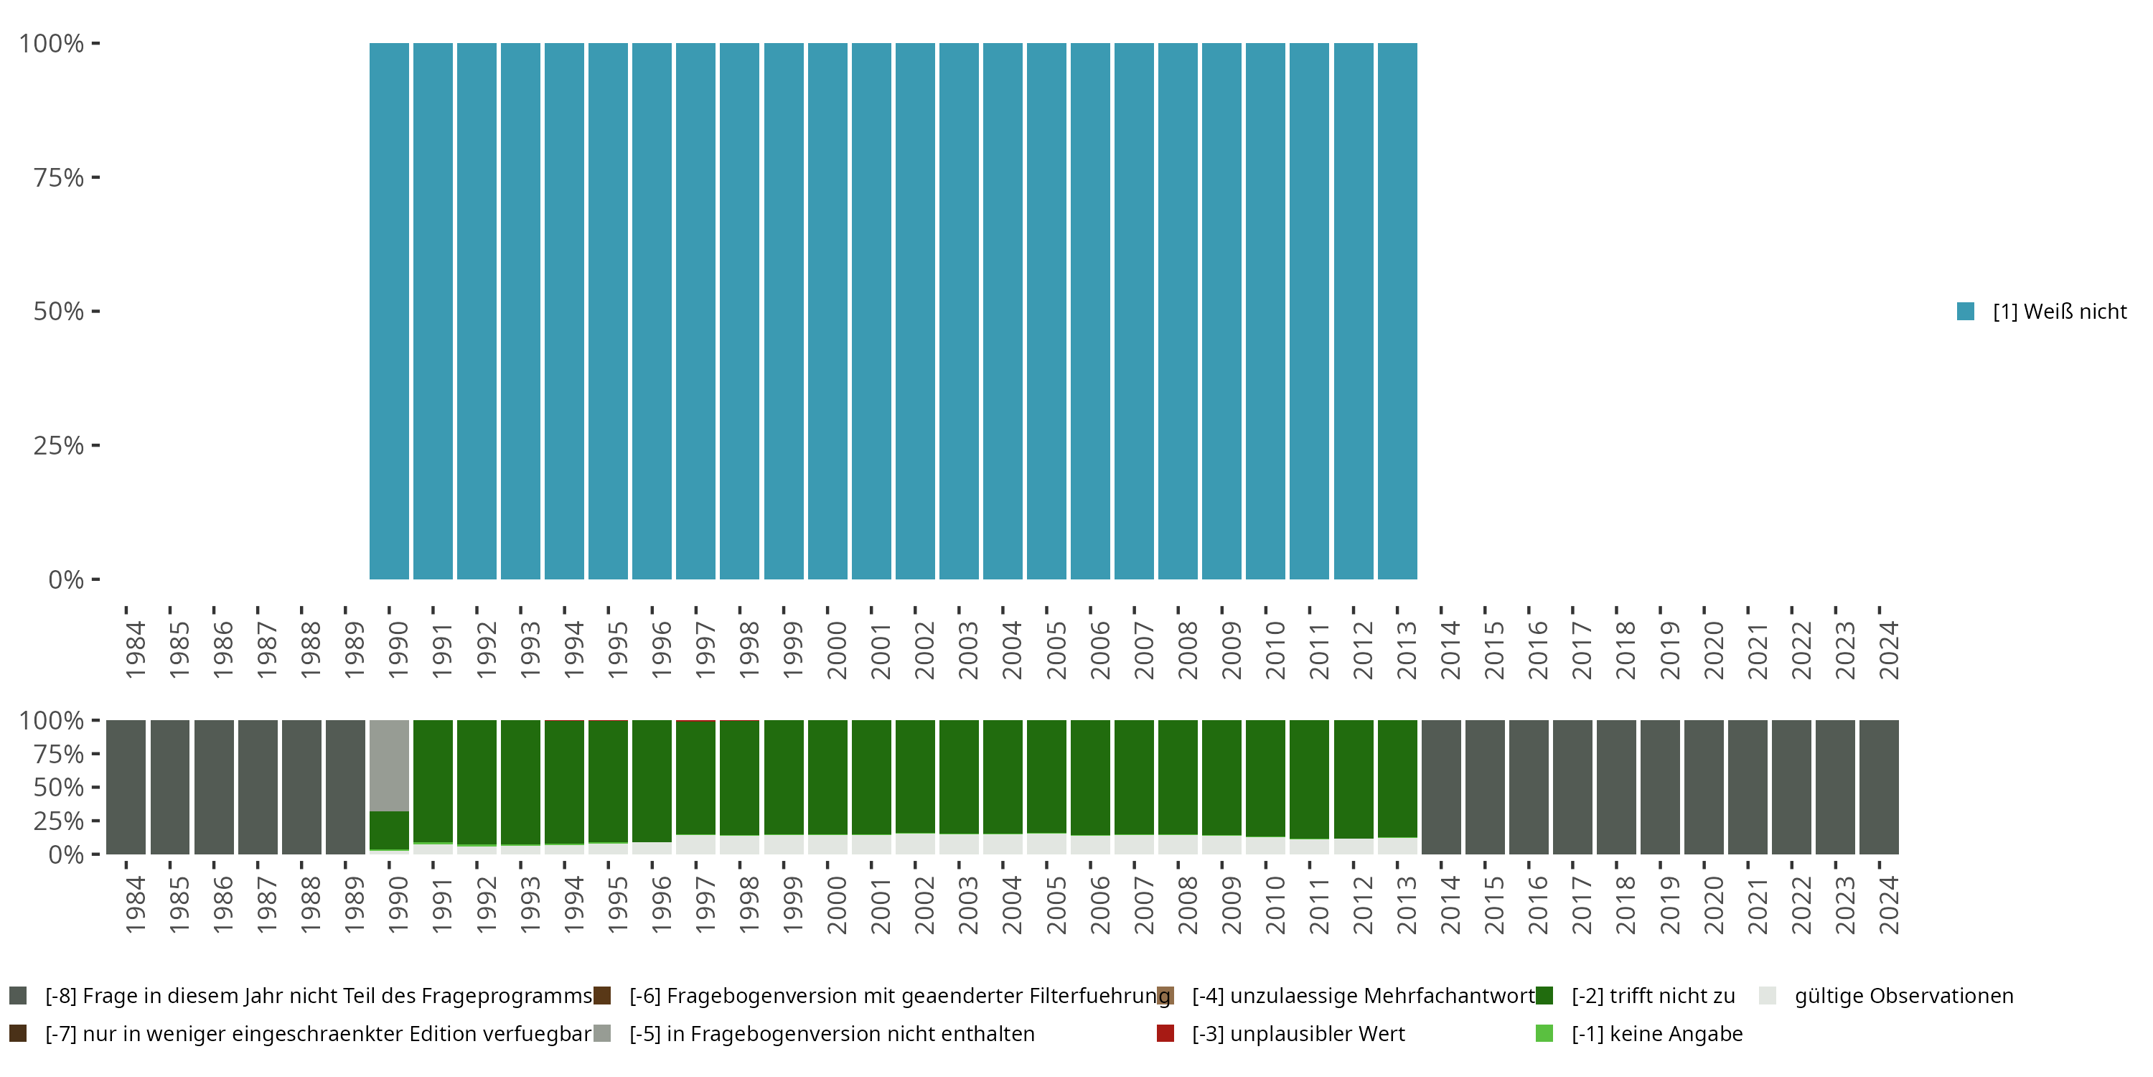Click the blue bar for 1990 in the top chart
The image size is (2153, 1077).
(x=389, y=311)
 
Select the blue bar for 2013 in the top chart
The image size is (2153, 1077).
(x=1397, y=311)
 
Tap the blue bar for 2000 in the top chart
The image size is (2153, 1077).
(x=827, y=311)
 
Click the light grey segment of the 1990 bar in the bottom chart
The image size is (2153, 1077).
(x=389, y=765)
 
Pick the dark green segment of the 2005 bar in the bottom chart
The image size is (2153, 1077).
(x=1046, y=776)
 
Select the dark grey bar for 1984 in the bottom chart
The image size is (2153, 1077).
(x=126, y=787)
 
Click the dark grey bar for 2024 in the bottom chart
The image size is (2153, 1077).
(x=1879, y=787)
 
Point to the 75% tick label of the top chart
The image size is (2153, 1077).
(x=59, y=177)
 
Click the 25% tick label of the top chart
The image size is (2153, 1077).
(x=59, y=446)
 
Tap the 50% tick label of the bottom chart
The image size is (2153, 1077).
(x=59, y=787)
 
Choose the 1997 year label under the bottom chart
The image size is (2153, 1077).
(x=705, y=905)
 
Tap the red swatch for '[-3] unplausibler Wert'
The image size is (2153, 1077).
(x=1165, y=1033)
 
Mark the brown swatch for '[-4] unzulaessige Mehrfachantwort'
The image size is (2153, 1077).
(x=1165, y=996)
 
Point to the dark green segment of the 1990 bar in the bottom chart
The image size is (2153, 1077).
(x=389, y=830)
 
